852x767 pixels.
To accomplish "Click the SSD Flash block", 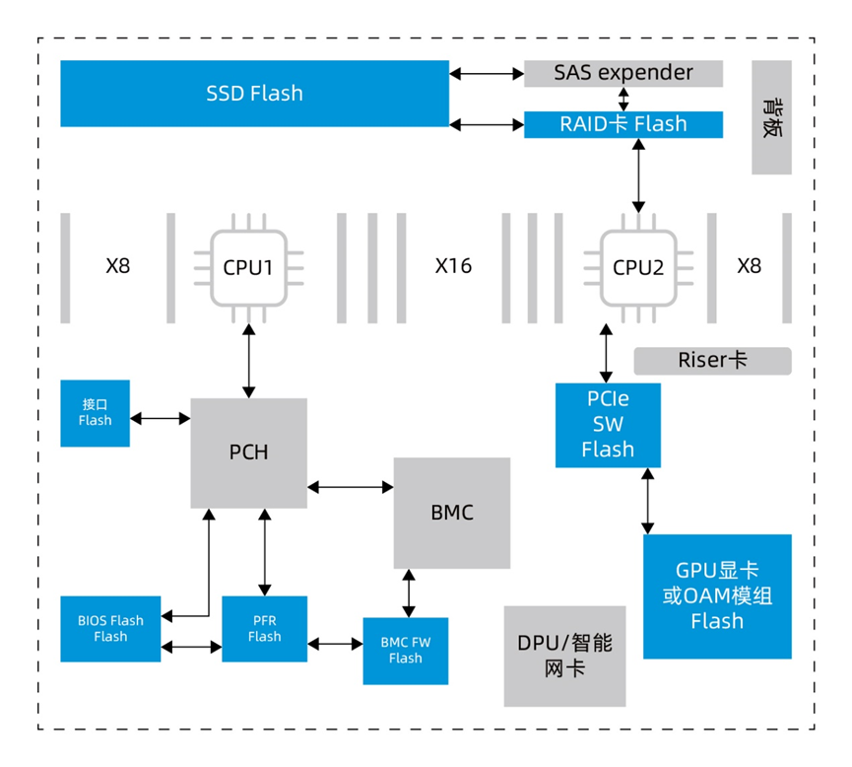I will (x=254, y=94).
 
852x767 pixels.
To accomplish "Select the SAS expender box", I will (x=623, y=73).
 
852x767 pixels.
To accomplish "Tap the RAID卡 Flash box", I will (x=623, y=124).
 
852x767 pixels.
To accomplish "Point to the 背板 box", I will (x=771, y=118).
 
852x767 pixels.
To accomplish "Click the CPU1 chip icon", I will (x=248, y=267).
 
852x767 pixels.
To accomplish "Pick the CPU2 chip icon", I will (x=638, y=267).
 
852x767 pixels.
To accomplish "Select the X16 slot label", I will (x=453, y=266).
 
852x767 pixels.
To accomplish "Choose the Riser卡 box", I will (x=711, y=361).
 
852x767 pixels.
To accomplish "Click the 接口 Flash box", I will (x=95, y=413).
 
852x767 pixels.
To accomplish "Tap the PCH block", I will (x=248, y=453).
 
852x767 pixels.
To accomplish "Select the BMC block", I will (x=452, y=513).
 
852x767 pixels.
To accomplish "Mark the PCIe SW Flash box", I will (x=608, y=425).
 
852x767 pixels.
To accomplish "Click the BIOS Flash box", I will (x=110, y=628).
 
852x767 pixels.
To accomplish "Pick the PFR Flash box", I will (x=264, y=628).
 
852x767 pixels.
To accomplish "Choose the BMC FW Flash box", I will (x=405, y=651).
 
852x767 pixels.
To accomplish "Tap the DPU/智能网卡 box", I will (x=564, y=656).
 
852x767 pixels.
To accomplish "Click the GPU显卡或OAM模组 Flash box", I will (x=717, y=596).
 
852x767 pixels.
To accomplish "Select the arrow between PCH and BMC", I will (x=351, y=486).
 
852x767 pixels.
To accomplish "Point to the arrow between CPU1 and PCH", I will (x=248, y=364).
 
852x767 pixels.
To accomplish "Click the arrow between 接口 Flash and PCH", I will (x=161, y=419).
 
